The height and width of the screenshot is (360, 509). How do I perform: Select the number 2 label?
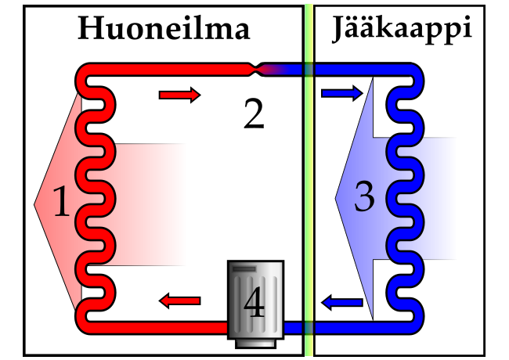[x=254, y=114]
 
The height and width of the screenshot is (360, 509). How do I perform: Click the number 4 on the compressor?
[x=254, y=304]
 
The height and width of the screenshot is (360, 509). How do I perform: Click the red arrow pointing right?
[x=179, y=95]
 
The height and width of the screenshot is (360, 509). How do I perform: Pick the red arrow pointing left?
[x=179, y=299]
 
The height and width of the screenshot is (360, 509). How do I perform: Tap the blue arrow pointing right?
[x=342, y=94]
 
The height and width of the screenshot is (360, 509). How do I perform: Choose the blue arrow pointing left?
[x=342, y=301]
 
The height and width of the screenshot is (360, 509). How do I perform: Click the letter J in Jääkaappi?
[x=338, y=30]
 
